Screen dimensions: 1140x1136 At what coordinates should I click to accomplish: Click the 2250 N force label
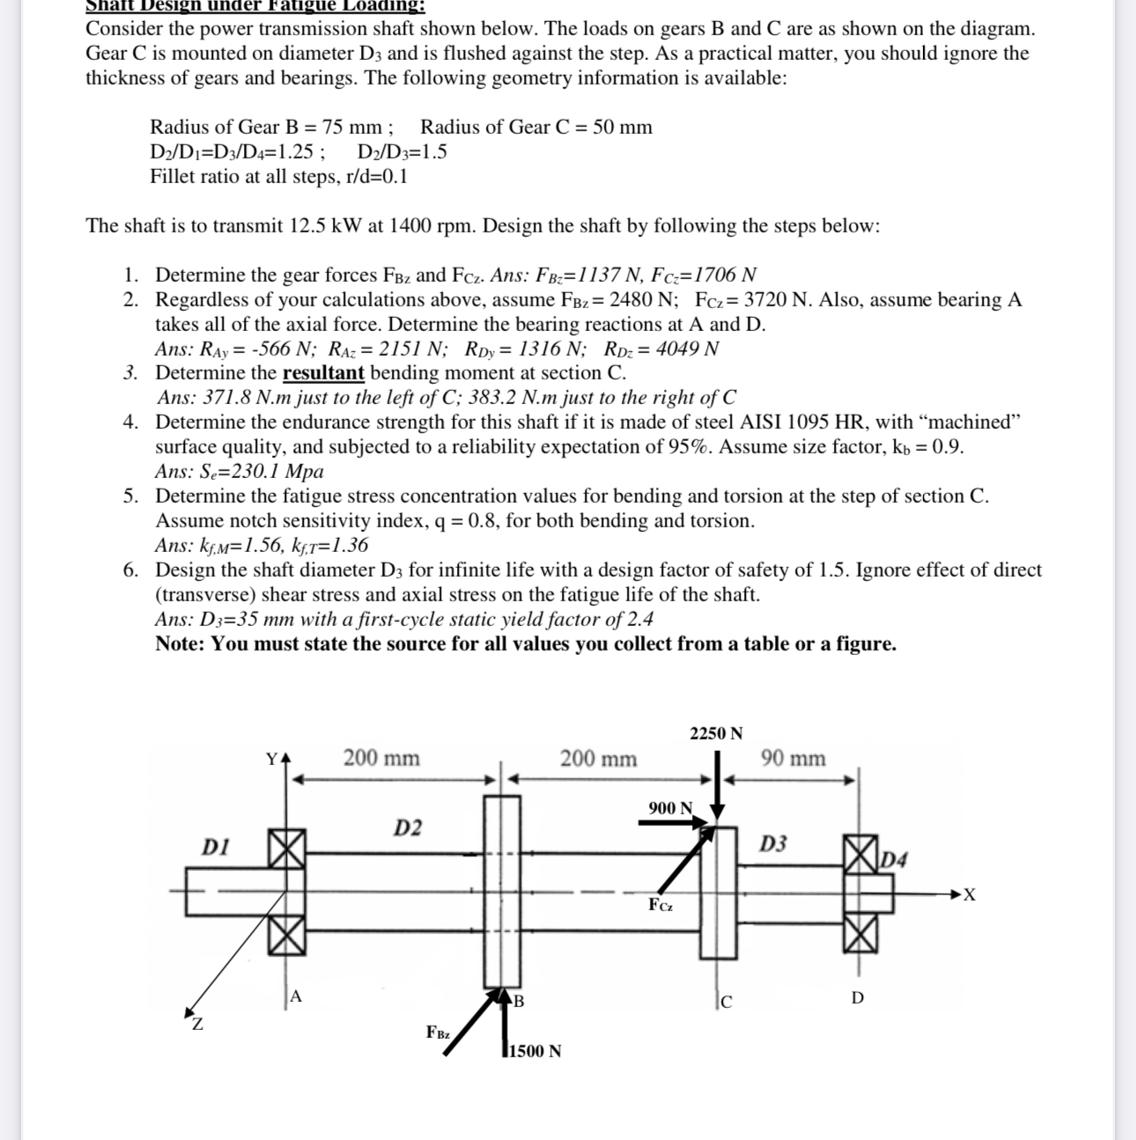716,733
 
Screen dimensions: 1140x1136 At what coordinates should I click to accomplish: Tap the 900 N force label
670,808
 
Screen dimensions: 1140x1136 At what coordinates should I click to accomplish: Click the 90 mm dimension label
793,758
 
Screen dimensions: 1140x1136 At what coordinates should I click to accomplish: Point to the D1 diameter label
216,847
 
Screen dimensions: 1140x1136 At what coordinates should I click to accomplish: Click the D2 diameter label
407,827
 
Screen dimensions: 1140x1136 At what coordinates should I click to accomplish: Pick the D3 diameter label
773,844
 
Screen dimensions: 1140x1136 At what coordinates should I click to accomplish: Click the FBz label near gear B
438,1032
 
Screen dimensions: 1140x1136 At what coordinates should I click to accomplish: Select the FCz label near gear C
660,905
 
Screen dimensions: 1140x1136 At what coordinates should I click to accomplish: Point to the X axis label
969,895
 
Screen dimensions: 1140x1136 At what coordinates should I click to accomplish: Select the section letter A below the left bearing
296,997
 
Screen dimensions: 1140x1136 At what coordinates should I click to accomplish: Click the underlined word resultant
323,372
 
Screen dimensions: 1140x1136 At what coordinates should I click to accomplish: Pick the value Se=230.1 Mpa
239,471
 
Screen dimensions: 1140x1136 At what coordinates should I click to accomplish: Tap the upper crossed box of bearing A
287,849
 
